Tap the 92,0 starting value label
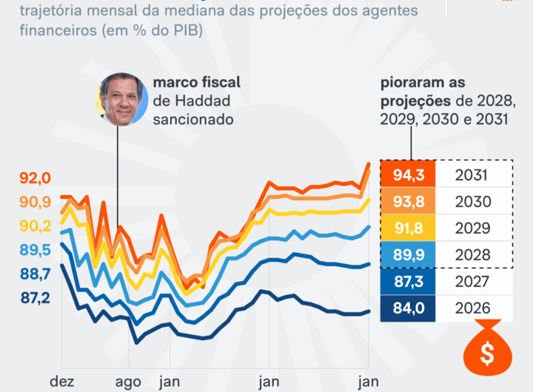pos(35,178)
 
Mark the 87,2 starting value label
pos(35,297)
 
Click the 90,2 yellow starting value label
pos(35,226)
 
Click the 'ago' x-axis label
pos(129,381)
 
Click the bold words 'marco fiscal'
pos(196,82)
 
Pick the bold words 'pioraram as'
pos(423,82)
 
